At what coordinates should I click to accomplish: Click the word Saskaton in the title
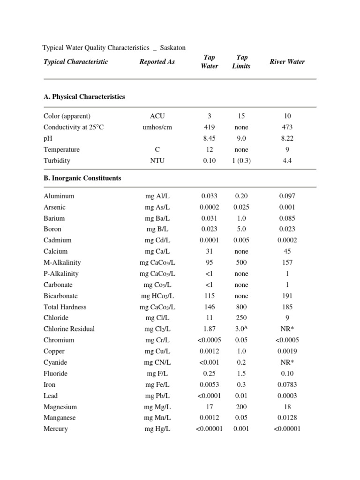point(172,48)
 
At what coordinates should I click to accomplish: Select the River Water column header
point(287,62)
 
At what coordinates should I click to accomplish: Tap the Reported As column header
point(157,62)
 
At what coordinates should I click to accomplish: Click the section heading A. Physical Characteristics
point(84,97)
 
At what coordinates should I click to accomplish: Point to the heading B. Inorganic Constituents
point(82,178)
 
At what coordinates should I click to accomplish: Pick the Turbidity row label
point(57,161)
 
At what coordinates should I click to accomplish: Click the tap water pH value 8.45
point(210,138)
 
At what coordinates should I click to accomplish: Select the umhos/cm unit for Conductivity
point(157,127)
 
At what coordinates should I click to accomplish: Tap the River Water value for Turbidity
point(287,161)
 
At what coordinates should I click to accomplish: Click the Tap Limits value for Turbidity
point(241,161)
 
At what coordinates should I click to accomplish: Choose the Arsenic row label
point(54,207)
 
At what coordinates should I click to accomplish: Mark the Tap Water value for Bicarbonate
point(210,296)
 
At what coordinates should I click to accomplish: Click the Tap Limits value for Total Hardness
point(241,307)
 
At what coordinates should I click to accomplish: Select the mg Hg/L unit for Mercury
point(157,429)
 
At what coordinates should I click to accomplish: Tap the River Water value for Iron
point(287,384)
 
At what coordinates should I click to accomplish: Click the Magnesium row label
point(60,407)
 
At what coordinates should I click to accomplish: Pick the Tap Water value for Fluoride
point(210,374)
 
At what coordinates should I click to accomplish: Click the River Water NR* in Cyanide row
point(287,362)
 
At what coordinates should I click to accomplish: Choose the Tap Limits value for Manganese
point(241,418)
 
